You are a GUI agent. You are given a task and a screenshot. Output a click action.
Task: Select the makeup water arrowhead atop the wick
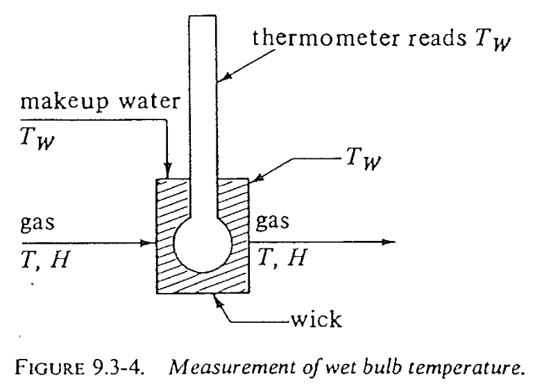coord(167,172)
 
